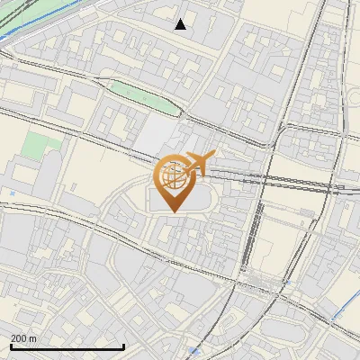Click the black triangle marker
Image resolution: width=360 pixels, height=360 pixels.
coord(181,24)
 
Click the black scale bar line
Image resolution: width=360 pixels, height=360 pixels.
coord(67,346)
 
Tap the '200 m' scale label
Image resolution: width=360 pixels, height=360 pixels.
coord(23,338)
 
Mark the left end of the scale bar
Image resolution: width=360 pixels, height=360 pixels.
coord(11,346)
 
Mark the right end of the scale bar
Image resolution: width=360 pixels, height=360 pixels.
coord(123,346)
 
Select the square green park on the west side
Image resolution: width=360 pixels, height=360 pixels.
coord(36,144)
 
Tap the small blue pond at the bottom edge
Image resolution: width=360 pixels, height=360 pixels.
coord(194,351)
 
